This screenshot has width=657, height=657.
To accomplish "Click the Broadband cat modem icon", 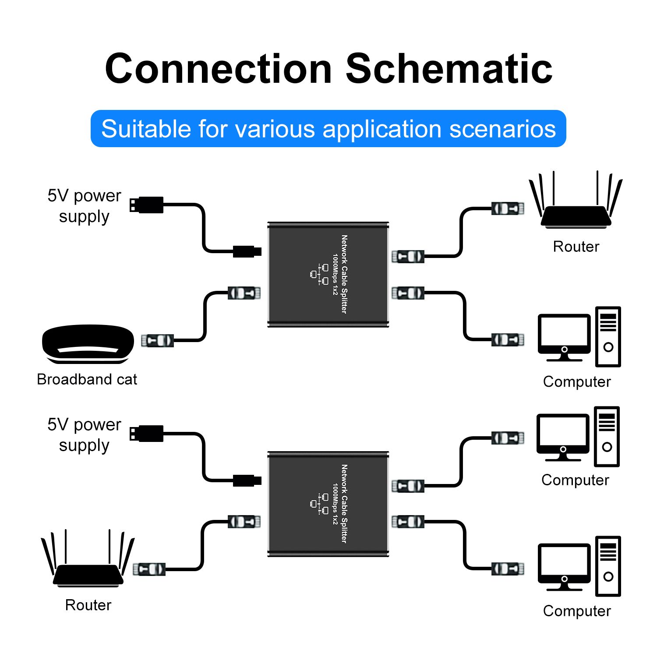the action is (x=88, y=344).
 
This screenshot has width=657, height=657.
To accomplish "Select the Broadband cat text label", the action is (x=87, y=379).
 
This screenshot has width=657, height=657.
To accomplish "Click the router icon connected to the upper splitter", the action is (x=576, y=200).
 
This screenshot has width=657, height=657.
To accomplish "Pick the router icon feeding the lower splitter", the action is (x=88, y=558).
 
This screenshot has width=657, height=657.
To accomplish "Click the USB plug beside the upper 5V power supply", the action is (x=146, y=205).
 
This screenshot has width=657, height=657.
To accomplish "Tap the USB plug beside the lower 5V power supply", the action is (x=146, y=434).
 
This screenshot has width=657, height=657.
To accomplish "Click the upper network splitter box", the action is (x=328, y=274).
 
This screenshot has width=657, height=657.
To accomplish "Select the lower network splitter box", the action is (x=328, y=504).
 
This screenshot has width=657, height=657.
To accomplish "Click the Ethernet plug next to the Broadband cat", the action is (x=157, y=340).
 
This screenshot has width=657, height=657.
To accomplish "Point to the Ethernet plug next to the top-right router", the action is (x=508, y=208).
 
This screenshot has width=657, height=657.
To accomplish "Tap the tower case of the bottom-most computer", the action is (x=608, y=566).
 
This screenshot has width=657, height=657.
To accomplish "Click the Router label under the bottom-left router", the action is (x=88, y=605).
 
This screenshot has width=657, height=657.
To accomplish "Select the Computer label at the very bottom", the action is (x=577, y=611).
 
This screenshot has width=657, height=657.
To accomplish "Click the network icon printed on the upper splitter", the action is (x=319, y=274).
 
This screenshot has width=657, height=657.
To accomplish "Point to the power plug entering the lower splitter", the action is (x=247, y=480).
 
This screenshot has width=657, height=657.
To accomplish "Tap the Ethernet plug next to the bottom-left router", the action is (x=149, y=569).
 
